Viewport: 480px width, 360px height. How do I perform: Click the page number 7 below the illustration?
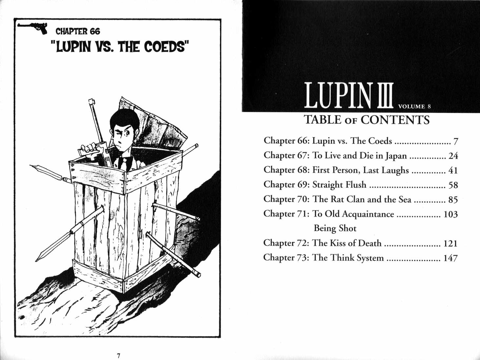[118, 356]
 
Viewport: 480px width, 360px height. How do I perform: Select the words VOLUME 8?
[414, 107]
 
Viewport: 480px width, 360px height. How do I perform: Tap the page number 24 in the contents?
[453, 156]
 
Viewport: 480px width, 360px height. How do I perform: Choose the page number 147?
[450, 258]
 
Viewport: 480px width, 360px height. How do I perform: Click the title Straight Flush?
[339, 185]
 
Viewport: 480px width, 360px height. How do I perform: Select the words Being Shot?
[335, 228]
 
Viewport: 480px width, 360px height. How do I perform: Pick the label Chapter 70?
[286, 199]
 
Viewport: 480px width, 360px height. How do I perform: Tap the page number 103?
[451, 214]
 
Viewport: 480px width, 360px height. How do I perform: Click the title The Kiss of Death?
[347, 243]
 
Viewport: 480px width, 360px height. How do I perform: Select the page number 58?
[453, 185]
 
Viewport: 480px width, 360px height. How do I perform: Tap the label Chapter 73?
[286, 258]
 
